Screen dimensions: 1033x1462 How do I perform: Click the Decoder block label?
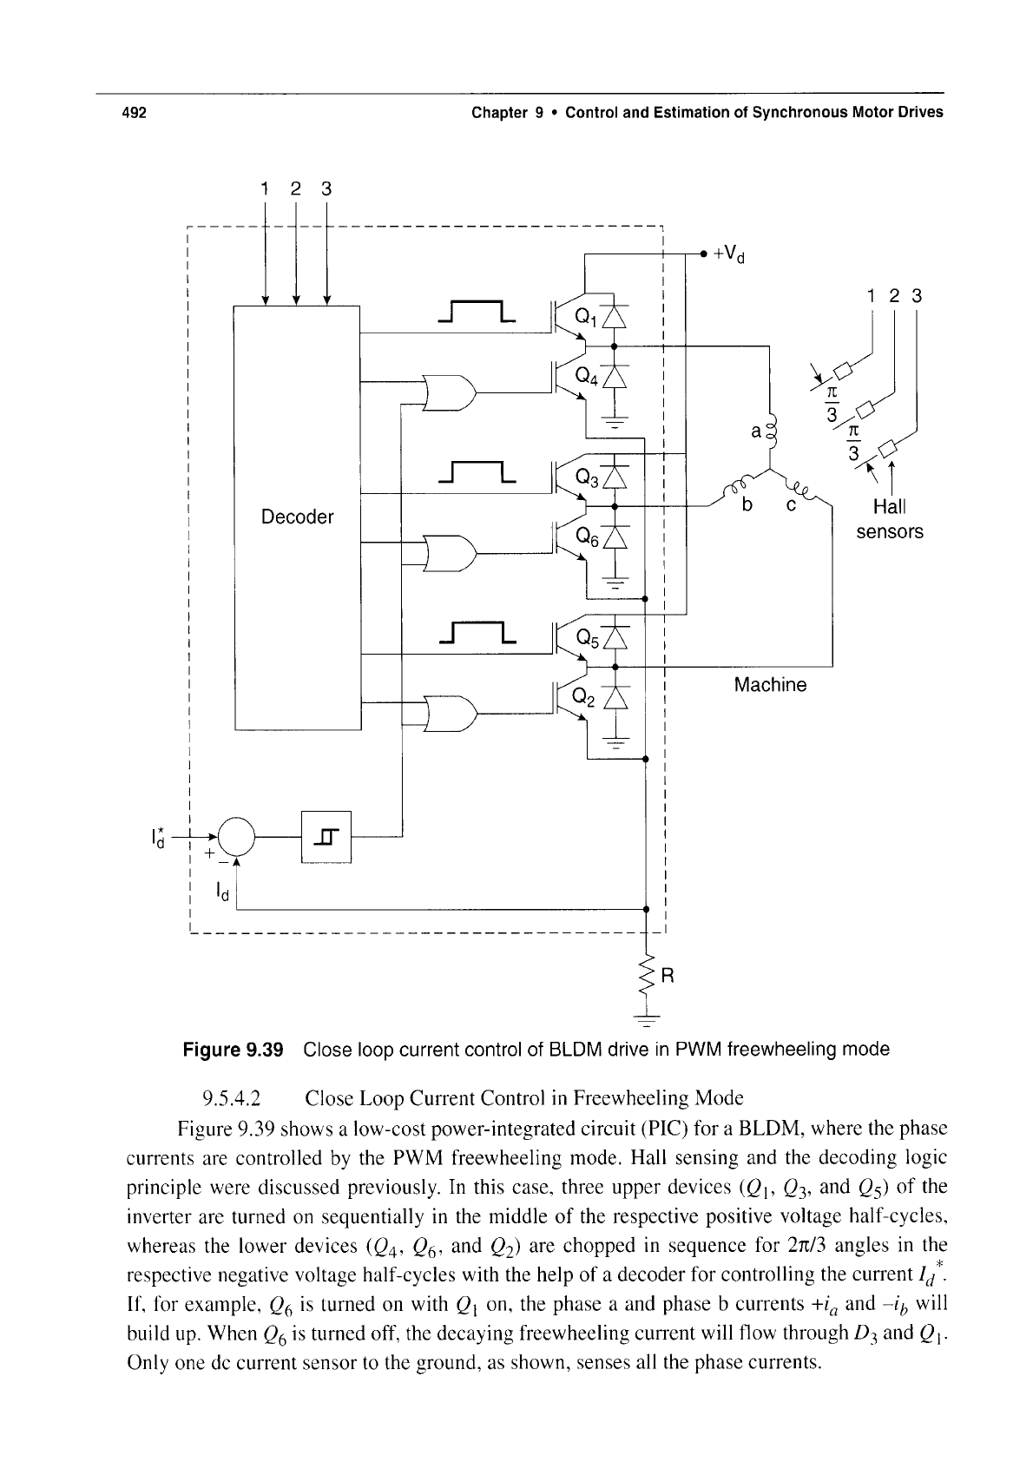click(297, 517)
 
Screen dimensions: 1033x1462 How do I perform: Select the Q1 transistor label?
click(585, 317)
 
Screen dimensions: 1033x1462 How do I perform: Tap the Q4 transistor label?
click(586, 375)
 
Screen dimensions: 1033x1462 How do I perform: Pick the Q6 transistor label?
click(587, 537)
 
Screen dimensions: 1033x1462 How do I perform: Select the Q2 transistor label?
click(584, 697)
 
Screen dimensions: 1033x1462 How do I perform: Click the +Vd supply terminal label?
click(729, 254)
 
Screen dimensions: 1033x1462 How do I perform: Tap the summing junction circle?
click(236, 837)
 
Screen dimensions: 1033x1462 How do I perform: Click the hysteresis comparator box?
click(326, 837)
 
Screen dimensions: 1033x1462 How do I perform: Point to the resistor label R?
click(668, 976)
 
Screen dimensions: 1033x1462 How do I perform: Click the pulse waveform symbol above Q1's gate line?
click(477, 312)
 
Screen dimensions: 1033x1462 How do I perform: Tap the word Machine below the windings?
click(770, 684)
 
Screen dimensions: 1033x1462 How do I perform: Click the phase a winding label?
click(756, 431)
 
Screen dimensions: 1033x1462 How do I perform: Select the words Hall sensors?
click(890, 519)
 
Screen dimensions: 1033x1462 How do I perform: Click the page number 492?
click(135, 113)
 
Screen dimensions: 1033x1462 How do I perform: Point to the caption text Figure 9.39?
click(233, 1050)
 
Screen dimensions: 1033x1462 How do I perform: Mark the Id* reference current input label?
click(157, 838)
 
